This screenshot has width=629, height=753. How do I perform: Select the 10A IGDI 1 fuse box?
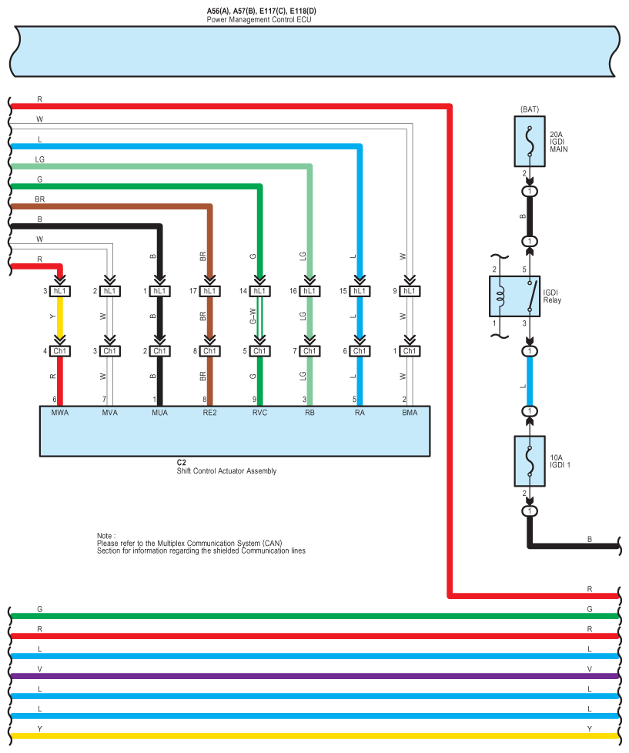[x=529, y=460]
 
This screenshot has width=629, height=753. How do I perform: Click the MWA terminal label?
[x=59, y=413]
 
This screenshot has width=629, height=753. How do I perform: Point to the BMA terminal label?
[x=410, y=413]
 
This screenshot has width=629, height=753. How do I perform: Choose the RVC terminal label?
[x=259, y=413]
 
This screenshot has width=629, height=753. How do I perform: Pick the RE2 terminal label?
[x=209, y=413]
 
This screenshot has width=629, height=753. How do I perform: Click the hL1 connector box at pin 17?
[x=209, y=291]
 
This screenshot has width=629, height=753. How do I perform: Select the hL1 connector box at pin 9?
[x=410, y=291]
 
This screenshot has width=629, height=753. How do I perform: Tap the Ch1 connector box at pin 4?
[x=60, y=351]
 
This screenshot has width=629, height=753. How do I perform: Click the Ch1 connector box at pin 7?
[x=309, y=351]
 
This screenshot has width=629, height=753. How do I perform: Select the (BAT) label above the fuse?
[x=529, y=109]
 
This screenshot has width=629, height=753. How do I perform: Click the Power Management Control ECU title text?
[x=259, y=19]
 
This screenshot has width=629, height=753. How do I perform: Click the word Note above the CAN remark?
[x=105, y=534]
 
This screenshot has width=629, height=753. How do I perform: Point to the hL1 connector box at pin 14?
[x=259, y=291]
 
